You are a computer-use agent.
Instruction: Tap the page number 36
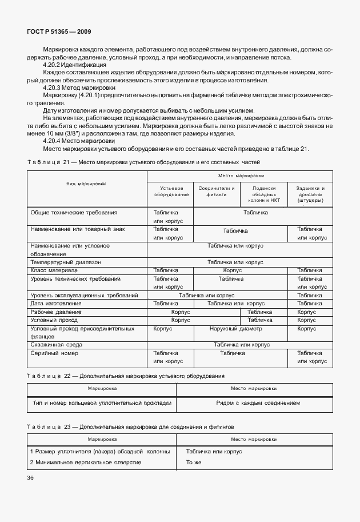30,477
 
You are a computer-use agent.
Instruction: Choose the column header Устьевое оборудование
170,191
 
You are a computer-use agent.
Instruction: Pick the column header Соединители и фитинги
216,191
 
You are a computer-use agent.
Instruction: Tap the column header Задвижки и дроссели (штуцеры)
311,194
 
